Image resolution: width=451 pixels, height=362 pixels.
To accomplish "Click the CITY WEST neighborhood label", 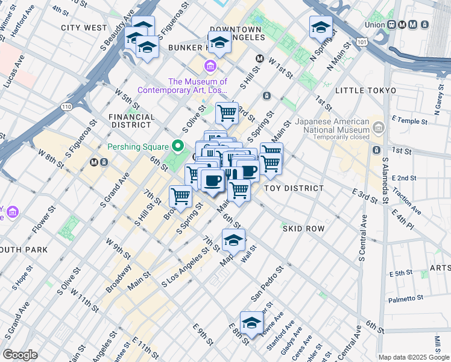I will tap(84, 28).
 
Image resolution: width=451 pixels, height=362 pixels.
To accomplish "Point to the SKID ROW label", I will tap(303, 229).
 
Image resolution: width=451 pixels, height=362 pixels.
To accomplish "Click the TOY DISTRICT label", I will tap(294, 188).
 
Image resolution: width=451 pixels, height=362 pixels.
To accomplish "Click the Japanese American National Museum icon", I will tap(378, 127).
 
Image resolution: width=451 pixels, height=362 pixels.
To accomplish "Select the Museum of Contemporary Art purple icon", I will tap(210, 66).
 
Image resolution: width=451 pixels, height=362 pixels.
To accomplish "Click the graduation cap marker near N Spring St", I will tap(321, 27).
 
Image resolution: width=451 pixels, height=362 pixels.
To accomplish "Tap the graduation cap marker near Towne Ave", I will tap(251, 322).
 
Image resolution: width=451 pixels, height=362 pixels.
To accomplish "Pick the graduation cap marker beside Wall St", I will tap(233, 240).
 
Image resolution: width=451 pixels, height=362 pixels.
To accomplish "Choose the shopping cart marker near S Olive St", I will tap(227, 112).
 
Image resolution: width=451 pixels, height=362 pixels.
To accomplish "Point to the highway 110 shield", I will tap(66, 107).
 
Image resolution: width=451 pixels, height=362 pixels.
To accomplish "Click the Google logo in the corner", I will tap(20, 355).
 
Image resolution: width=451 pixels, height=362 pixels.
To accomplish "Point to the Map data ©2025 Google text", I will tap(414, 357).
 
